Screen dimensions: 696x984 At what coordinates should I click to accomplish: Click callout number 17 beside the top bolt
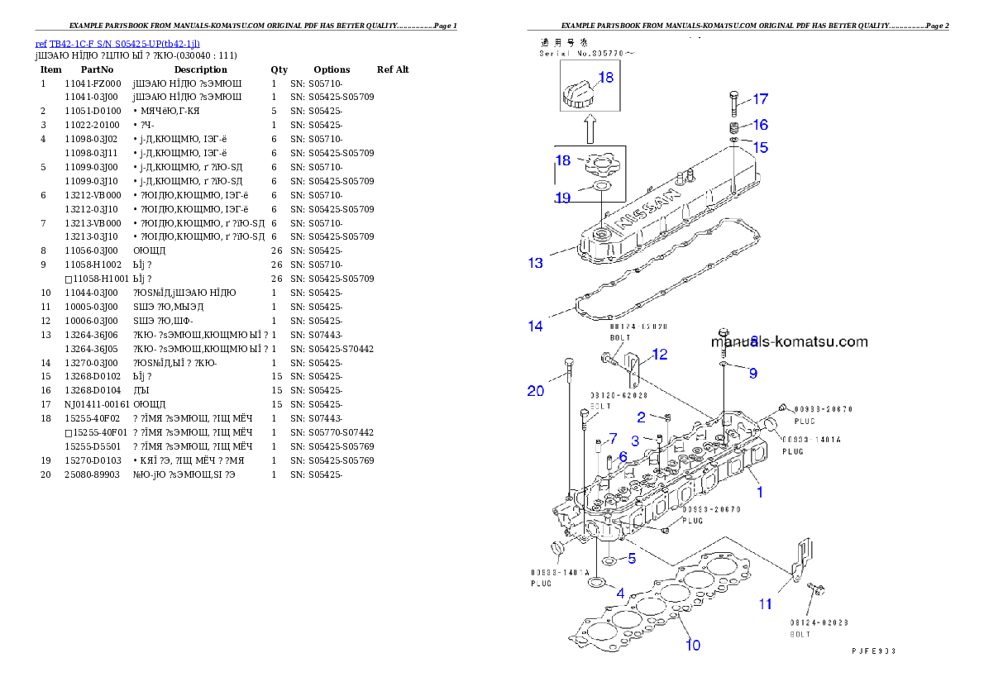click(760, 99)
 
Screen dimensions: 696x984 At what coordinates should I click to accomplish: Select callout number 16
click(760, 125)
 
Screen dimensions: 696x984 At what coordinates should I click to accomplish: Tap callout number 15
click(760, 147)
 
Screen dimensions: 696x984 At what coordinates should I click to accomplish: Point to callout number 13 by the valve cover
click(536, 263)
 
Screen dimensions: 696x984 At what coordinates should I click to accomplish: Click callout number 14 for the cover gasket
click(536, 326)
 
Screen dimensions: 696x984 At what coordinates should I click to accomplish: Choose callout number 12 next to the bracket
click(659, 355)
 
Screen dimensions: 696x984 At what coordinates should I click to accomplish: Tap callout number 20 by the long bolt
click(536, 390)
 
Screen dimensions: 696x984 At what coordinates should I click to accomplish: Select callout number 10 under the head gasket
click(693, 644)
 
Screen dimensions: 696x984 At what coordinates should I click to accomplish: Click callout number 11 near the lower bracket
click(766, 603)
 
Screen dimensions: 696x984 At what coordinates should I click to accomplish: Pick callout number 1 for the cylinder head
click(759, 492)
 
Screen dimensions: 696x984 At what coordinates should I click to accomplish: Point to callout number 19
click(563, 198)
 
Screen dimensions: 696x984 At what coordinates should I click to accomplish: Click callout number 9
click(752, 373)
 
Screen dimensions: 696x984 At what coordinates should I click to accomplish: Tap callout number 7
click(613, 437)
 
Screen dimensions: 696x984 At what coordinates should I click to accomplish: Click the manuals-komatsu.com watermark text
click(790, 341)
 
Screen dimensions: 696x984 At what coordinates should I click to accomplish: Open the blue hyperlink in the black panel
click(117, 44)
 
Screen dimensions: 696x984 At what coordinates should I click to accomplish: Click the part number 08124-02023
click(819, 622)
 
